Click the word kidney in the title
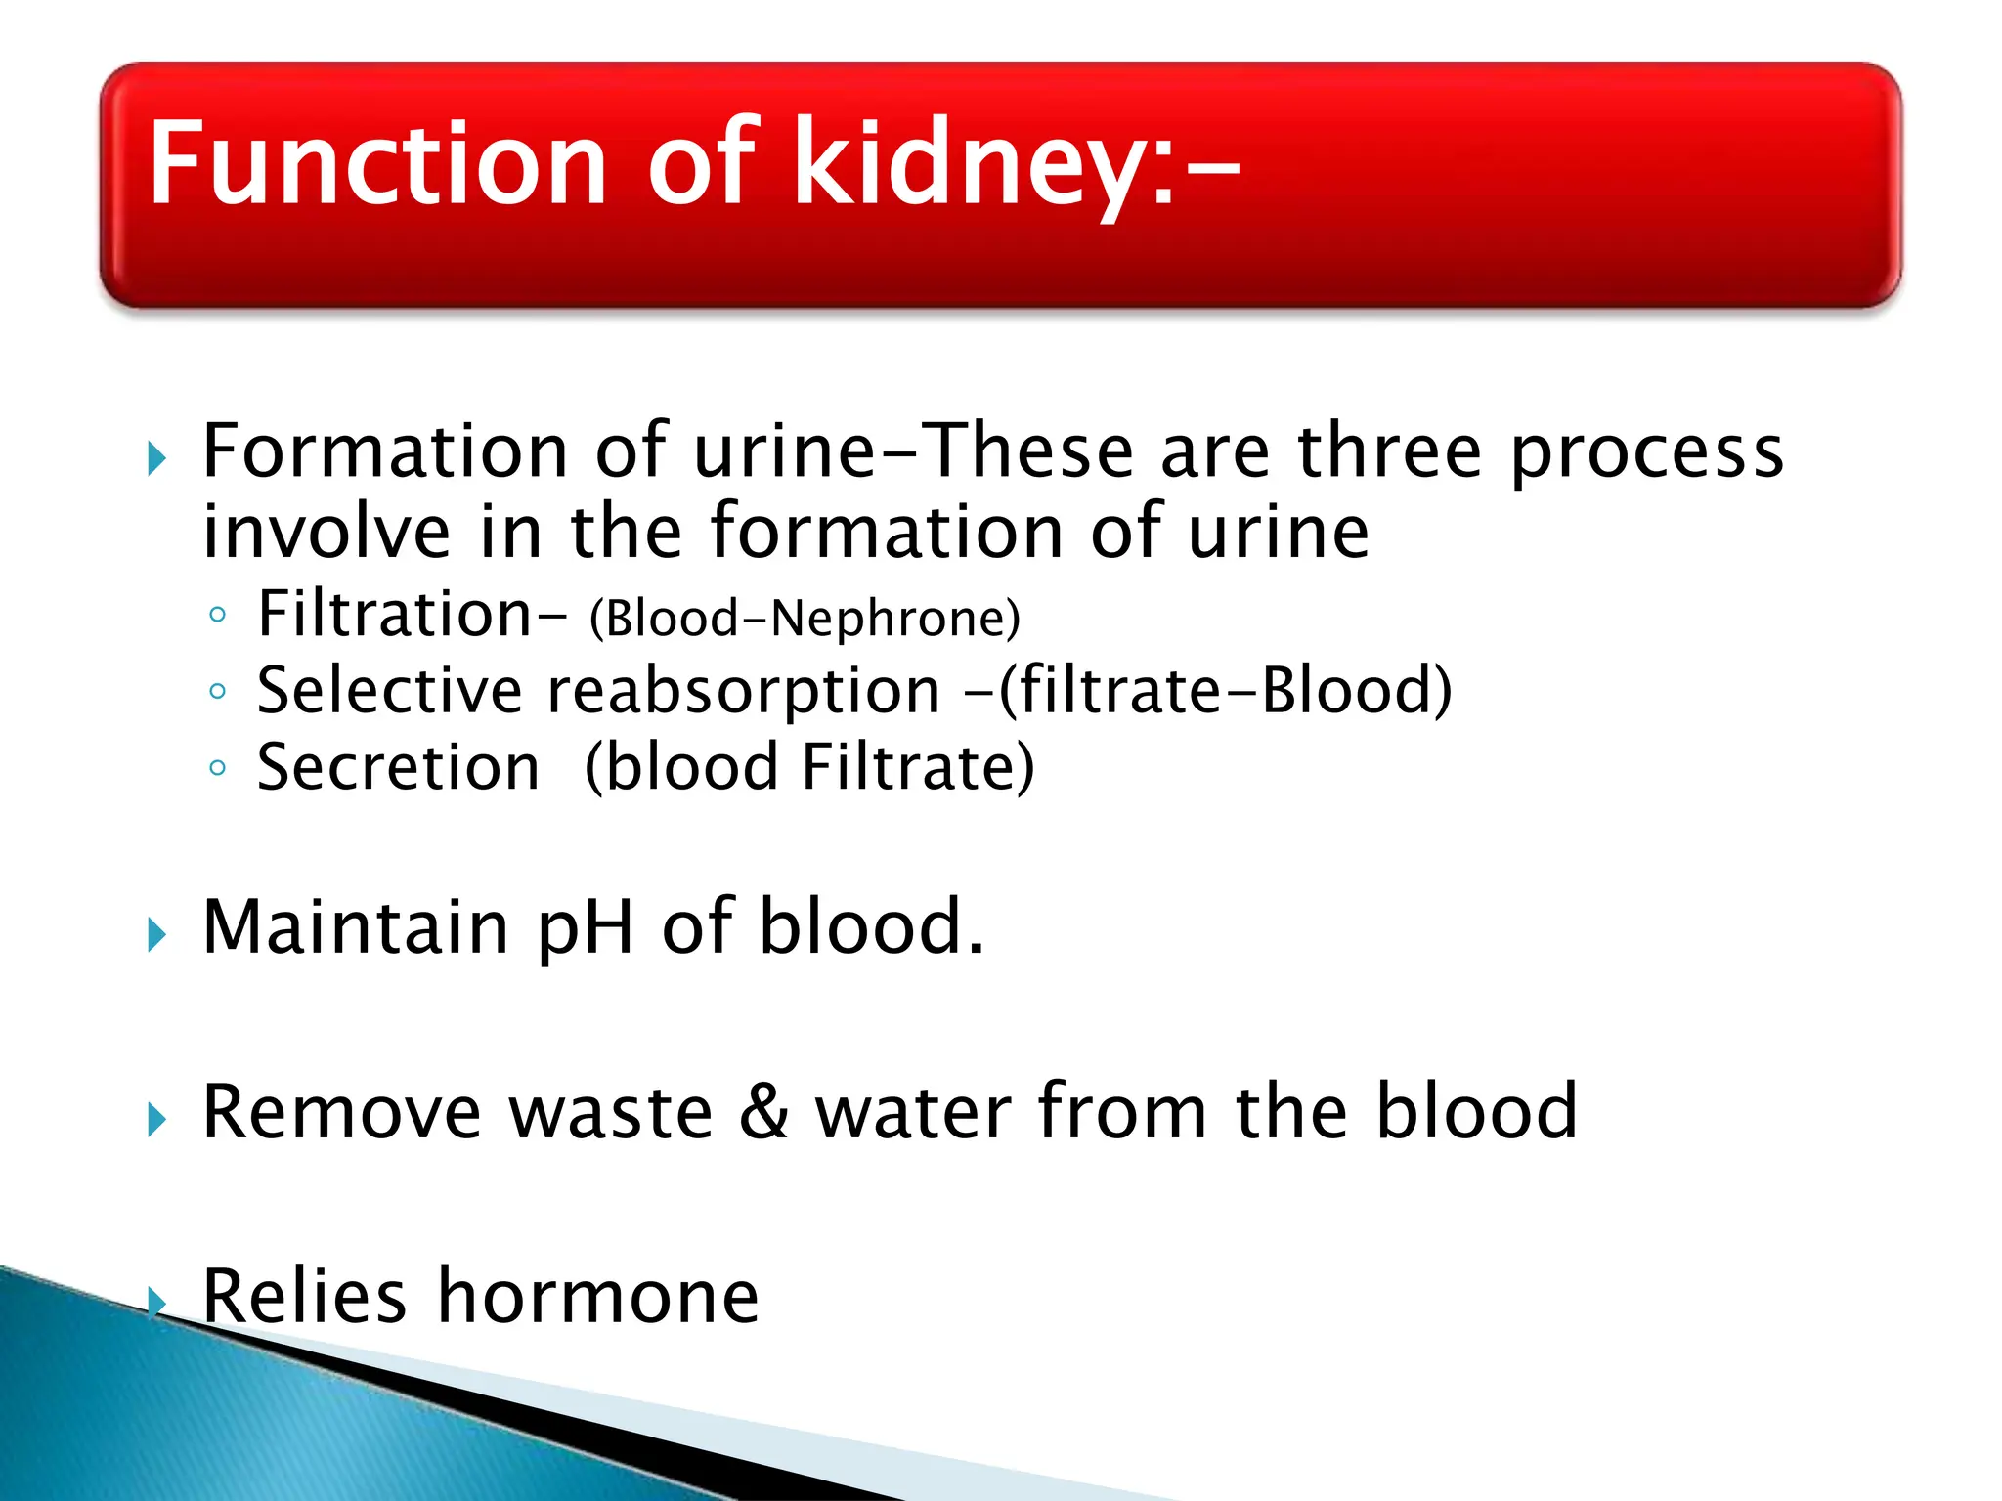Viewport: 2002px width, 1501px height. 982,164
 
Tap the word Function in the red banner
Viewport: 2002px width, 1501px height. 376,164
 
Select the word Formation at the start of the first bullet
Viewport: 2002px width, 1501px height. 385,451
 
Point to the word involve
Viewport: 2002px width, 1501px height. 326,532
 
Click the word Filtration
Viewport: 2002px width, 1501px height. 394,615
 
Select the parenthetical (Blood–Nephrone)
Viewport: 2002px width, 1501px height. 805,619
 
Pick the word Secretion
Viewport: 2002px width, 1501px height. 398,767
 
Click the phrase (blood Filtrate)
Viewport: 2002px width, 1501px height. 809,767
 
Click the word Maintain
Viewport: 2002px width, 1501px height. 356,927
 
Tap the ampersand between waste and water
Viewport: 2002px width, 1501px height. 763,1112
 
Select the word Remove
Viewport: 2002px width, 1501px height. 342,1112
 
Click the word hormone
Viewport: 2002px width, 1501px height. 597,1297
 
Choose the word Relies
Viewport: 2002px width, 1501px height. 304,1297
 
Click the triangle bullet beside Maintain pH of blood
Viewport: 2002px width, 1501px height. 156,935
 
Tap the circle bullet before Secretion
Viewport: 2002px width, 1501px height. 218,768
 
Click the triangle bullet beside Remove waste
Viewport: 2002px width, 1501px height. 156,1120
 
